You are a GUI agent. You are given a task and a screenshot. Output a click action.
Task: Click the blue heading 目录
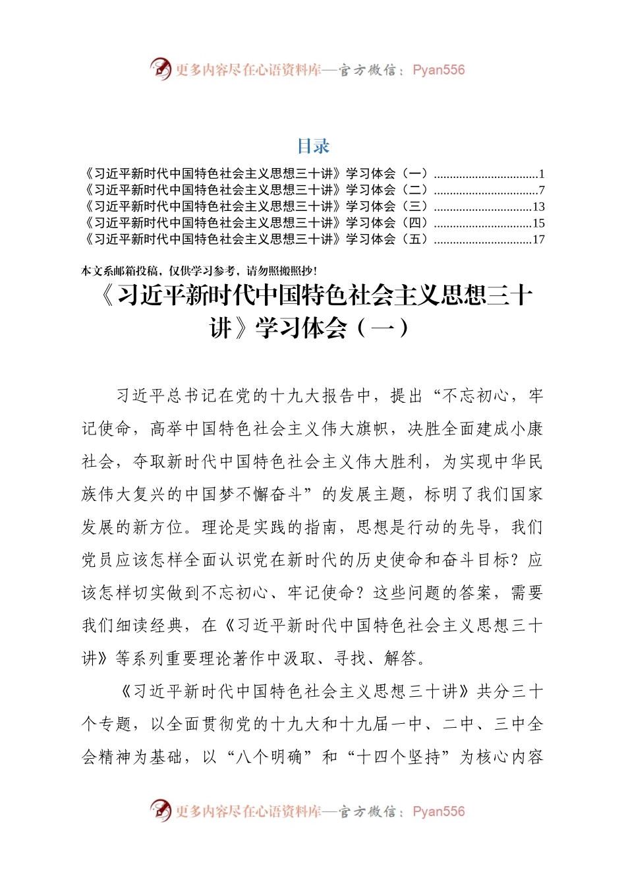pos(313,146)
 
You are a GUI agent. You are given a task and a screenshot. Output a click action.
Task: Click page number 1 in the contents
pos(542,175)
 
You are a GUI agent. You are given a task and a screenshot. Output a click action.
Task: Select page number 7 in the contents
pos(542,191)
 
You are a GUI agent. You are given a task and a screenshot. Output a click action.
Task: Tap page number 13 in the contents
pos(538,207)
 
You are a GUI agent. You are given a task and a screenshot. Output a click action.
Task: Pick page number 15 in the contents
pos(538,223)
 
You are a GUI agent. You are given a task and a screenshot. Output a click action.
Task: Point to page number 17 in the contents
pos(538,239)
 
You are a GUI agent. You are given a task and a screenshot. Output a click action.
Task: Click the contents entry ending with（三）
pos(257,207)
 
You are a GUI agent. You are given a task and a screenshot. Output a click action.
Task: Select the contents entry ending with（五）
pos(257,239)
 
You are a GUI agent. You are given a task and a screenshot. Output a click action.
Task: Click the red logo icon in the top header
pos(160,69)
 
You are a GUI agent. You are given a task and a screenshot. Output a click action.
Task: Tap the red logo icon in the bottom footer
pos(160,810)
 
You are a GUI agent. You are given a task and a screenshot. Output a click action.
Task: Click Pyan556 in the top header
pos(438,70)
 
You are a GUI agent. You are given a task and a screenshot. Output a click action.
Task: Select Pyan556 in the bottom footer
pos(438,812)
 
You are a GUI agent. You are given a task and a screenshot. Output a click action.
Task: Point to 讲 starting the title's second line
pos(221,328)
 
